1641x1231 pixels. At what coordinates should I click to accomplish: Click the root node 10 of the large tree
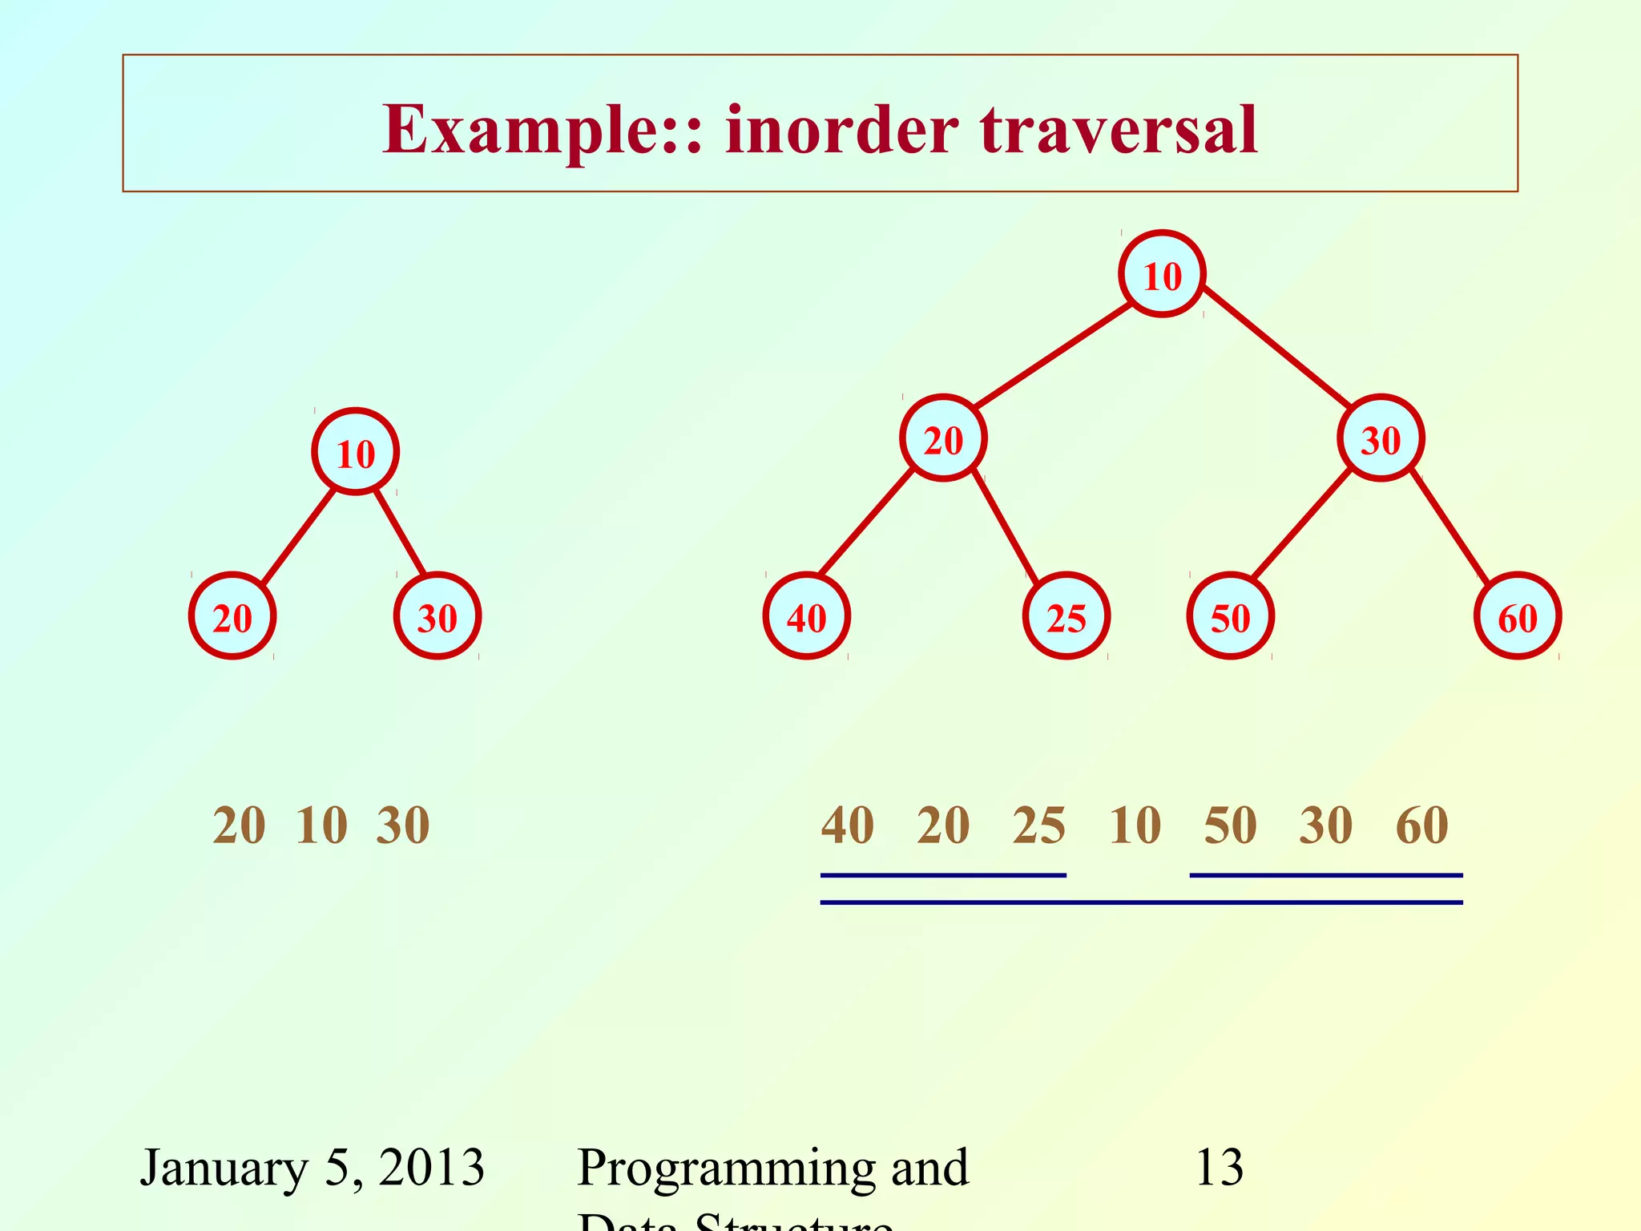tap(1162, 275)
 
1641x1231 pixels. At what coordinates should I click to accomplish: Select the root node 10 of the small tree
tap(355, 453)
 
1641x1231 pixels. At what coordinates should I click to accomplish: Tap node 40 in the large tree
tap(806, 616)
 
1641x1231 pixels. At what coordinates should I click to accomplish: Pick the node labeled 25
tap(1066, 616)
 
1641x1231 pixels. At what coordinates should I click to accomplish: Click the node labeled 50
tap(1230, 616)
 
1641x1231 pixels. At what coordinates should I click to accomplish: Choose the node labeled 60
tap(1518, 616)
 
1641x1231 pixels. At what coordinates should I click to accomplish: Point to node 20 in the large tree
tap(943, 438)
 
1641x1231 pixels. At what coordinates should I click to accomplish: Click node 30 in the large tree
tap(1381, 438)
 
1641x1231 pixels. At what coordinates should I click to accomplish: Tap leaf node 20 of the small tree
tap(232, 616)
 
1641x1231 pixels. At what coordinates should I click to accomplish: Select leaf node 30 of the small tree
tap(437, 616)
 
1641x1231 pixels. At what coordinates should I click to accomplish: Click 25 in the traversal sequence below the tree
tap(1038, 825)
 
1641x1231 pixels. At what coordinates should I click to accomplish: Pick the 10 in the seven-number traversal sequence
tap(1135, 825)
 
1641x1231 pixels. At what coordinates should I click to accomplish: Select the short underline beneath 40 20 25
tap(943, 875)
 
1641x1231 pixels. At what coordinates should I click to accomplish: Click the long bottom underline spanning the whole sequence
tap(1142, 902)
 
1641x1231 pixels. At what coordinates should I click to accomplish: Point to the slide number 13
tap(1219, 1167)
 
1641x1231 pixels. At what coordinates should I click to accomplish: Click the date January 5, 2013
tap(312, 1167)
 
